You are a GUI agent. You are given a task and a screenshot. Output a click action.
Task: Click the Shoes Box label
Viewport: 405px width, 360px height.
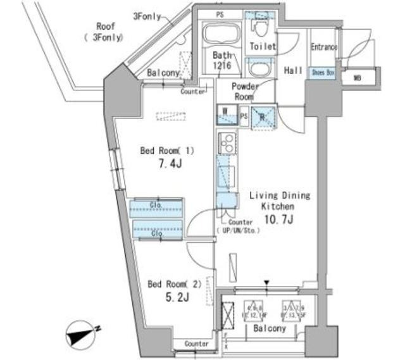pos(322,73)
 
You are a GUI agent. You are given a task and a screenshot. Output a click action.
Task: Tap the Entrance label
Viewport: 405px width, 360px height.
pos(323,47)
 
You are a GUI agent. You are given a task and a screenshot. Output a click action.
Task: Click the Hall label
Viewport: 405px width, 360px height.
pos(292,71)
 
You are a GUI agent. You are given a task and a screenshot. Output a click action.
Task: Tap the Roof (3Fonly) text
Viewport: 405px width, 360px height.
pos(101,32)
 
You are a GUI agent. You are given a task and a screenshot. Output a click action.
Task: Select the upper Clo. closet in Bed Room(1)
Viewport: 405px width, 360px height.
pos(156,208)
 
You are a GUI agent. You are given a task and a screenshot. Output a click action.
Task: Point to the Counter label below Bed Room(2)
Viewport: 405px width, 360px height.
pos(197,343)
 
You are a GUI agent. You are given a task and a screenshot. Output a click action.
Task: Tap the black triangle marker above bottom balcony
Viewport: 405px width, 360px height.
pos(267,282)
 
